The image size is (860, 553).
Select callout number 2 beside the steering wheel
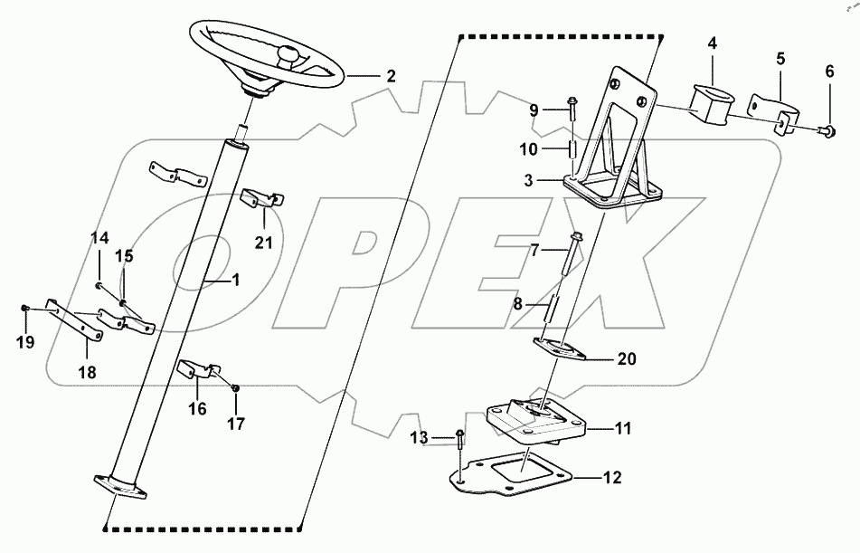point(390,77)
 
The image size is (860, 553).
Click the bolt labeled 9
point(573,110)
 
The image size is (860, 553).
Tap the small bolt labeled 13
point(461,443)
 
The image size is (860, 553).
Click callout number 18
point(89,371)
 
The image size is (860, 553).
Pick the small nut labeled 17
point(235,388)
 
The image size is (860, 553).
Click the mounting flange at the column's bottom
point(118,484)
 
